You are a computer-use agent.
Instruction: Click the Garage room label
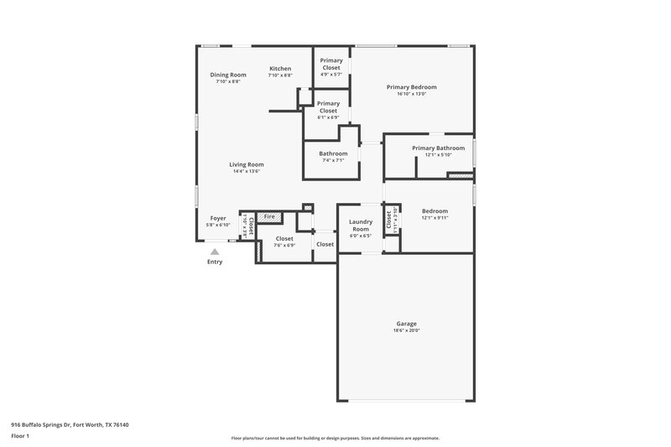(x=406, y=324)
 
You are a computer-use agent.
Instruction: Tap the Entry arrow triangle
(x=216, y=251)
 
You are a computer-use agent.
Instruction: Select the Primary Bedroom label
(x=411, y=87)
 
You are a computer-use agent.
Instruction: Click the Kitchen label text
(x=280, y=69)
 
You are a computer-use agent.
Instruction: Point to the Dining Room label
(x=228, y=75)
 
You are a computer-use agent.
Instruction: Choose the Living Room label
(x=247, y=164)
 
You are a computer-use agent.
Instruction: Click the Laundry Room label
(x=360, y=226)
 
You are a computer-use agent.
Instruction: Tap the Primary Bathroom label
(x=438, y=148)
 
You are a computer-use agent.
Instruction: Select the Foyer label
(x=218, y=218)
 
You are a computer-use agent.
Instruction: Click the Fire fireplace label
(x=269, y=217)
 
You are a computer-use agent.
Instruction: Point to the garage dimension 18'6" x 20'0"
(x=406, y=330)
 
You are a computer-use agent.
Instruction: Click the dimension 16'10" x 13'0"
(x=411, y=94)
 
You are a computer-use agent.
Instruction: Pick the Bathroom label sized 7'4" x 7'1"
(x=333, y=153)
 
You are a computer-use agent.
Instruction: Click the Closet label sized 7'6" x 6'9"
(x=284, y=239)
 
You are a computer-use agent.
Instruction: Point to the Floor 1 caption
(x=21, y=437)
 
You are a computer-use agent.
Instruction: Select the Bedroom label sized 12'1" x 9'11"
(x=434, y=211)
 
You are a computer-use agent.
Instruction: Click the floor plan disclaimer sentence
(x=335, y=438)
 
